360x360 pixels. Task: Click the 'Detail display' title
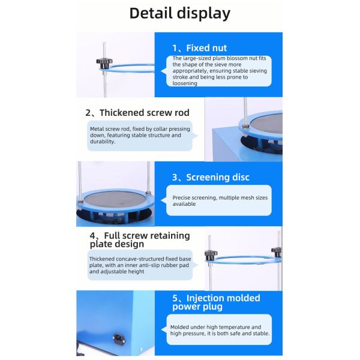click(180, 13)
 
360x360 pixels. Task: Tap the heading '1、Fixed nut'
click(199, 48)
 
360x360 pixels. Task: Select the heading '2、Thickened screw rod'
click(137, 113)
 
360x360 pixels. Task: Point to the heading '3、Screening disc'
click(211, 177)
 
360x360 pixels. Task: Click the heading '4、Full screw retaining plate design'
click(140, 239)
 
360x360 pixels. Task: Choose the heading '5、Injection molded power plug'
click(216, 302)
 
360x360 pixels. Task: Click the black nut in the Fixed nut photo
click(104, 62)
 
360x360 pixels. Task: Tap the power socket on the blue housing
click(119, 338)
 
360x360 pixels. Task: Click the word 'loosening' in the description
click(185, 83)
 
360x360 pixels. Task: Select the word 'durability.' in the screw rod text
click(103, 142)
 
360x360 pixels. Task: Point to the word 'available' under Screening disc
click(184, 204)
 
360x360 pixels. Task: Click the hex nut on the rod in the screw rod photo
click(245, 126)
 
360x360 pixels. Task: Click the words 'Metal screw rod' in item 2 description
click(110, 129)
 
